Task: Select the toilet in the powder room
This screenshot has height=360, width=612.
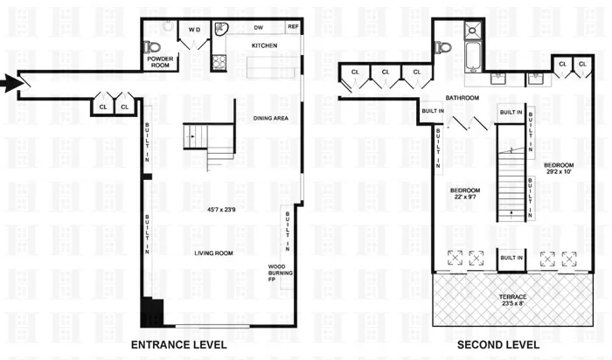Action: point(155,46)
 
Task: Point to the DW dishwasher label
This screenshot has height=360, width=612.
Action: point(259,27)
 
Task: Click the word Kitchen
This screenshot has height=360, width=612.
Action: point(265,45)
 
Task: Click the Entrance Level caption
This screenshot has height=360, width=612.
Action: point(178,345)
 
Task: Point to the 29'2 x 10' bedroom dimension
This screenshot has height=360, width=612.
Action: point(560,173)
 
